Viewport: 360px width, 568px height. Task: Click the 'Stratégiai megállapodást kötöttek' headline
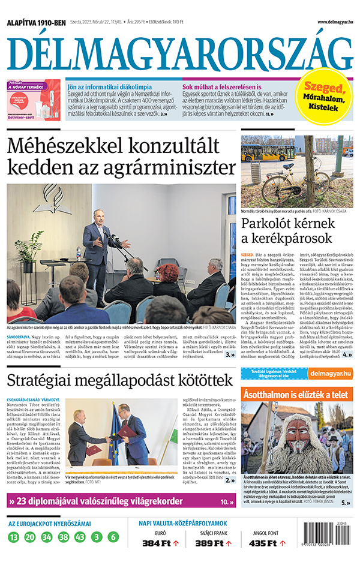119,363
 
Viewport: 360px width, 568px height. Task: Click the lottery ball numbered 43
80,537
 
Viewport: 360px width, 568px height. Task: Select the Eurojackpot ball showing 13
14,537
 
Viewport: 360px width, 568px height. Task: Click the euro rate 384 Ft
157,543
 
